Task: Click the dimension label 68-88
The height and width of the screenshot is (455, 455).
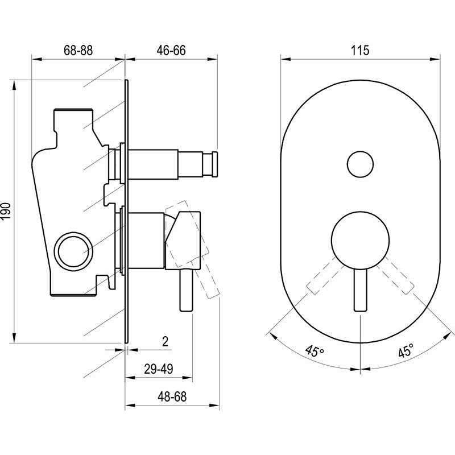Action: click(78, 50)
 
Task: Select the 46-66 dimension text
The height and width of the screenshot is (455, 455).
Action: click(171, 50)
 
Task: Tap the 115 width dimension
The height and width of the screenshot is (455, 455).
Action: click(360, 50)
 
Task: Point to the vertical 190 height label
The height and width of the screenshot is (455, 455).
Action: click(6, 211)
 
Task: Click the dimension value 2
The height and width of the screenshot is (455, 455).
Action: click(165, 342)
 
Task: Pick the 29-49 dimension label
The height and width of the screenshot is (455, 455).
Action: click(159, 369)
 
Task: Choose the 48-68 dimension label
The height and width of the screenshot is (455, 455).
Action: click(172, 396)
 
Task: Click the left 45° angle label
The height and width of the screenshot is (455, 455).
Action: click(315, 350)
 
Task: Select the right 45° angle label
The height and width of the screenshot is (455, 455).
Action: click(406, 350)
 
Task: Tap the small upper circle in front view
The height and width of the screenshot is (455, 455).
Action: click(360, 164)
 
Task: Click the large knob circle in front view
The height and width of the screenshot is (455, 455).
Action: click(360, 239)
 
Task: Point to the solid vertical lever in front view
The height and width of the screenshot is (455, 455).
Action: click(361, 289)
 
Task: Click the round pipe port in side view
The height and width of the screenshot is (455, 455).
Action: click(73, 249)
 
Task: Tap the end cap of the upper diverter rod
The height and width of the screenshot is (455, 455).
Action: click(215, 164)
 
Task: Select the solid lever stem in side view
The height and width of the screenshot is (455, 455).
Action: click(187, 291)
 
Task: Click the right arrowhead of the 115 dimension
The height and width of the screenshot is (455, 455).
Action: click(435, 59)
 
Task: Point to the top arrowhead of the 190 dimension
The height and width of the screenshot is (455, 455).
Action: click(14, 86)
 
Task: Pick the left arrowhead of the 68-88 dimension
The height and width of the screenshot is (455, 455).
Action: click(37, 59)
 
